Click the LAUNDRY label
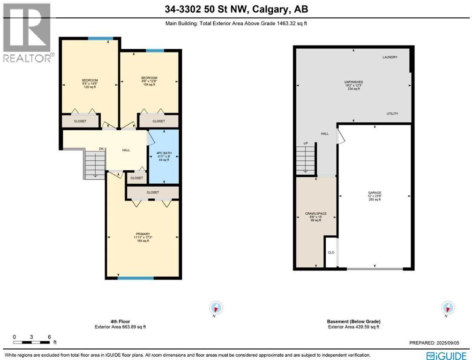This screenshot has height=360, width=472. (390, 58)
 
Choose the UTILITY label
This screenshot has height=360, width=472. (392, 114)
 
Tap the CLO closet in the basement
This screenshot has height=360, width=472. (331, 253)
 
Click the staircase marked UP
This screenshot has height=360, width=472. (305, 158)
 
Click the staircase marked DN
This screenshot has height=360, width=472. (94, 164)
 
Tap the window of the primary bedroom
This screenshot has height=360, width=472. (135, 278)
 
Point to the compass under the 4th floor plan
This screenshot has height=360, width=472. (216, 308)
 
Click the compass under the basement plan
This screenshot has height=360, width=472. (448, 308)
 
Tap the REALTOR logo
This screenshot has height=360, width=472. (27, 33)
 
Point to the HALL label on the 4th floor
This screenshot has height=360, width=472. (126, 150)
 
